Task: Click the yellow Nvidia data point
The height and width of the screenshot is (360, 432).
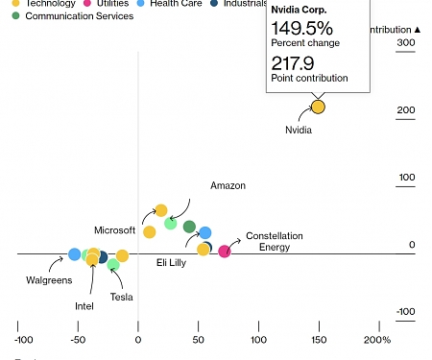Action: tap(318, 107)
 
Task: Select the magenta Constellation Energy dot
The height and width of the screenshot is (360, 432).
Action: tap(225, 252)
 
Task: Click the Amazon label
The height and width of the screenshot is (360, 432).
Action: tap(228, 185)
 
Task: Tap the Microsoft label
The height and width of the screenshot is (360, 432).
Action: tap(114, 230)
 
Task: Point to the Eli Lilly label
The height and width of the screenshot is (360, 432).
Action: tap(173, 261)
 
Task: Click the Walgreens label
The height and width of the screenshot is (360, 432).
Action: tap(48, 280)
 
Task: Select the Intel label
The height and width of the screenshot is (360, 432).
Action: tap(84, 306)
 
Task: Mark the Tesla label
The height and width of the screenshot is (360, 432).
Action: tap(121, 297)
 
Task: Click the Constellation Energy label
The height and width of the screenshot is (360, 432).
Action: tap(274, 241)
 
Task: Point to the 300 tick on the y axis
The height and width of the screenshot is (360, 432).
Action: tap(405, 43)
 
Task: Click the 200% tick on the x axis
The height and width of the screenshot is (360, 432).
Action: tap(377, 340)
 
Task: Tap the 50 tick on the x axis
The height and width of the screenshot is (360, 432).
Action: tap(198, 340)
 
